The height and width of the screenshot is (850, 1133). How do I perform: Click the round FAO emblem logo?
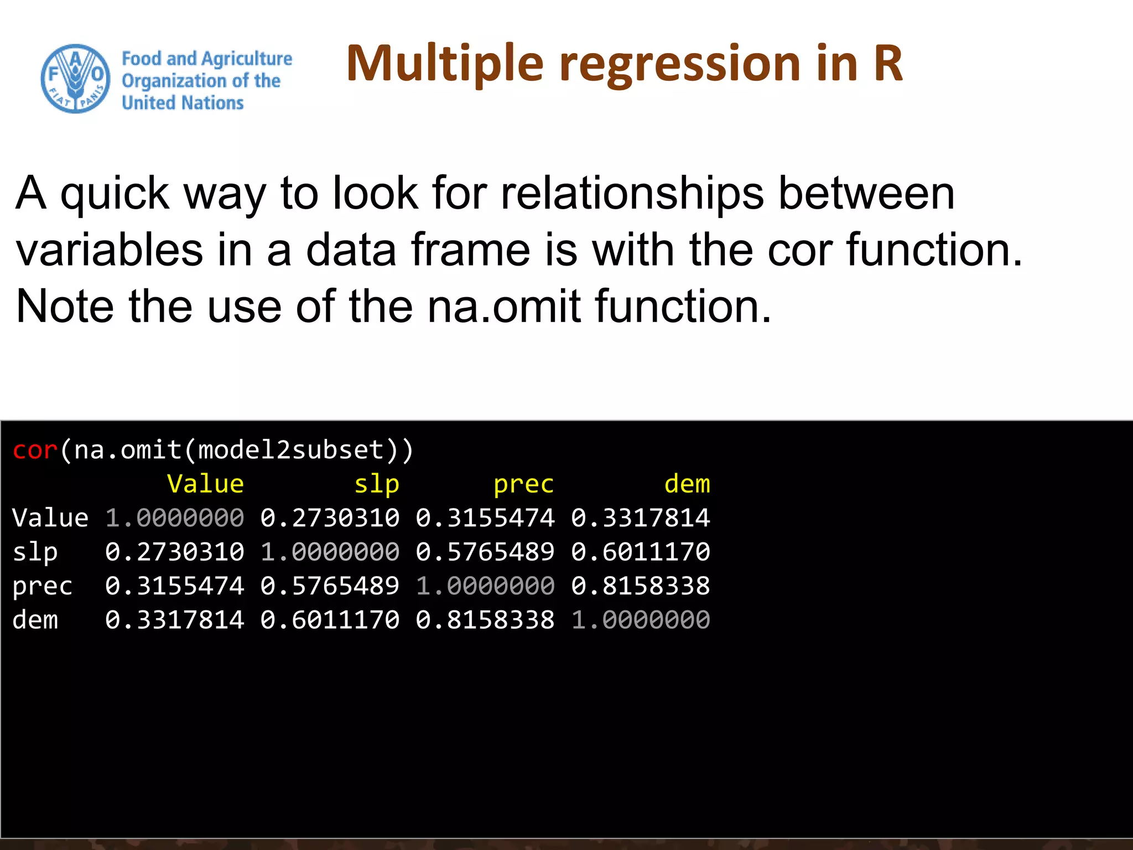tap(76, 79)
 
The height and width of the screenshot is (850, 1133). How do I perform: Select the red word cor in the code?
tap(35, 450)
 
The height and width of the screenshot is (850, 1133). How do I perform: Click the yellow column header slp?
tap(376, 484)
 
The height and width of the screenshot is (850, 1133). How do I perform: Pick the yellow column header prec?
tap(523, 484)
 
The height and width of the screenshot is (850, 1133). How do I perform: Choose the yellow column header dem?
tap(687, 484)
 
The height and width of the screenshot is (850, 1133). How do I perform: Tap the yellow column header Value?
tap(205, 484)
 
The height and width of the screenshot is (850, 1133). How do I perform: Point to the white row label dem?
tap(35, 620)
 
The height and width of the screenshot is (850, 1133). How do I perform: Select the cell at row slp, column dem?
tap(641, 552)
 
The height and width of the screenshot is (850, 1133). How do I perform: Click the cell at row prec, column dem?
tap(641, 586)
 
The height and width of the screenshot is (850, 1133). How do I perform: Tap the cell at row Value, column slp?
tap(330, 518)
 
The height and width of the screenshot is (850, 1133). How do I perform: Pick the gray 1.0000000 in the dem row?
tap(641, 620)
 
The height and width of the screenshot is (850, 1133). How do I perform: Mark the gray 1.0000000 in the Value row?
tap(175, 518)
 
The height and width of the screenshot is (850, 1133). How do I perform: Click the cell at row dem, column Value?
tap(175, 620)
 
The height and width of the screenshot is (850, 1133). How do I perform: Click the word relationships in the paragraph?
tap(632, 193)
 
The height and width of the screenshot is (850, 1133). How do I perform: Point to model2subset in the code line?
tap(291, 450)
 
